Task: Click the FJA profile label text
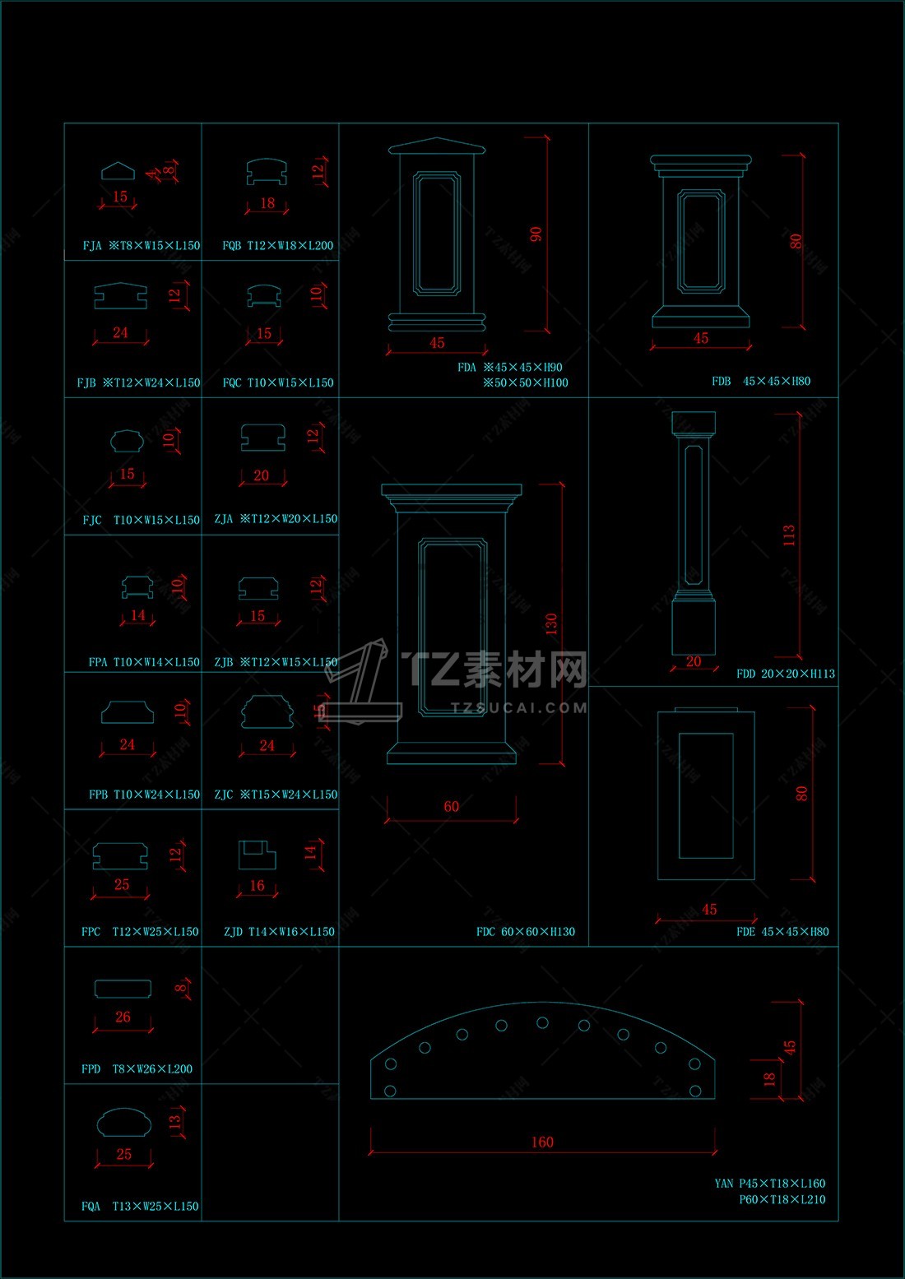pos(141,245)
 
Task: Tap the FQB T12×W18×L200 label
pos(277,245)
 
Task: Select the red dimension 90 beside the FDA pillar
pos(536,234)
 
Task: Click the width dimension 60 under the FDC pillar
pos(451,807)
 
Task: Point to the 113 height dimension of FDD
pos(789,535)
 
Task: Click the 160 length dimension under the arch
pos(542,1142)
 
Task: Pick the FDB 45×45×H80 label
pos(761,381)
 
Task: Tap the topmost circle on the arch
pos(542,1022)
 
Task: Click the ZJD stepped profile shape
pos(257,855)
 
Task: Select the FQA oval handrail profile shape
pos(123,1123)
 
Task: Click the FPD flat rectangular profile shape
pos(123,988)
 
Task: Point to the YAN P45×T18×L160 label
pos(769,1184)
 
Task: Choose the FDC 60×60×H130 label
pos(525,932)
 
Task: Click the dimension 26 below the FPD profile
pos(123,1017)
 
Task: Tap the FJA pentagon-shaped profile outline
pos(118,171)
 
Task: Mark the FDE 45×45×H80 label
pos(782,932)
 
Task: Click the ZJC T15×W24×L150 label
pos(276,795)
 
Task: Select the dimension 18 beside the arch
pos(769,1078)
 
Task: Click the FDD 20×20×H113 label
pos(785,674)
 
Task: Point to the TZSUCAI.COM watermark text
pos(518,707)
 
